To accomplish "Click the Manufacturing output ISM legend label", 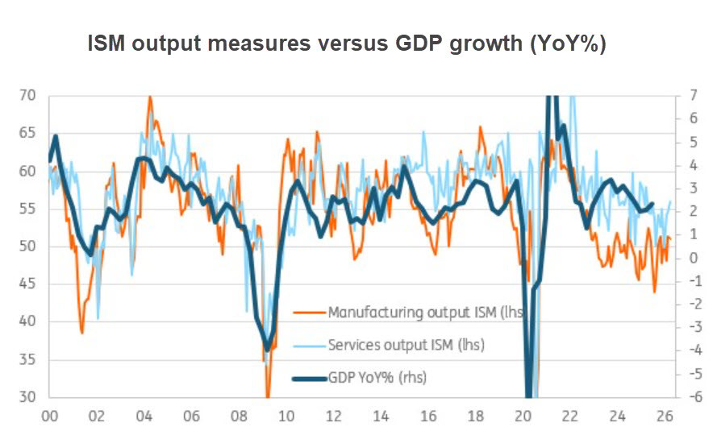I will pyautogui.click(x=426, y=313).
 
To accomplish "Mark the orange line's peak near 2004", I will pyautogui.click(x=149, y=97).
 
